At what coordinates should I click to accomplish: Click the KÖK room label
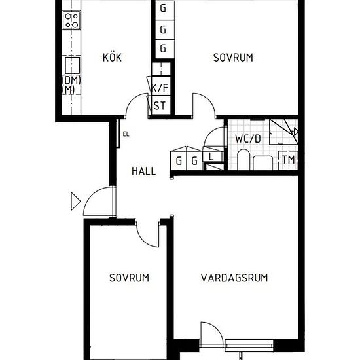pos(112,57)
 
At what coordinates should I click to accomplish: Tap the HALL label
pos(144,171)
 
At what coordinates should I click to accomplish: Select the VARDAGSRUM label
pos(234,278)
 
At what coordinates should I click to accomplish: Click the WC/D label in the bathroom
pos(248,139)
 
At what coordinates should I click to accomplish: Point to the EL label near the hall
pos(126,134)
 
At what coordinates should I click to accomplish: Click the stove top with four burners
pos(71,20)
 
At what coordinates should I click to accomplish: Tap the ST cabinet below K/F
pos(161,105)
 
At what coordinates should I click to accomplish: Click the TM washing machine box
pos(288,160)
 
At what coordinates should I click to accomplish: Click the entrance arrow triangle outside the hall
pos(75,202)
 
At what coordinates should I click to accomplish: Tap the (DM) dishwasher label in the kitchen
pos(71,80)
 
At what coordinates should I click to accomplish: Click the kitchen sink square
pos(72,65)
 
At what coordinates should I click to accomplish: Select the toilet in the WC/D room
pos(243,160)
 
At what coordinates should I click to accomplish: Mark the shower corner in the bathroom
pos(284,132)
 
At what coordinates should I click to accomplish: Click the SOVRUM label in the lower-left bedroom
pos(129,278)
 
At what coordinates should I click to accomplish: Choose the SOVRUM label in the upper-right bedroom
pos(233,58)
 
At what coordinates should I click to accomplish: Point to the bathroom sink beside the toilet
pos(263,163)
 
